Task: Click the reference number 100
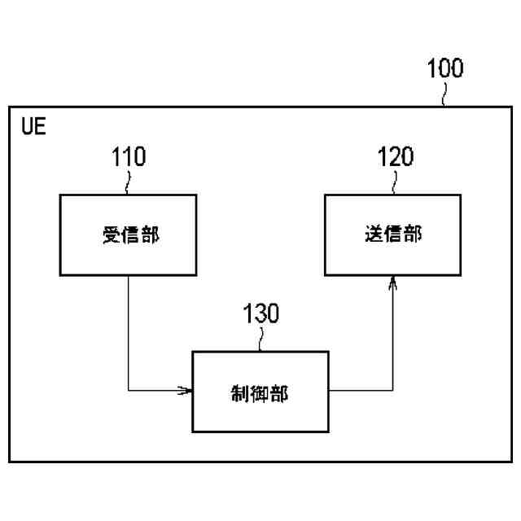445,68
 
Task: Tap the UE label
35,128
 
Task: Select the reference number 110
129,157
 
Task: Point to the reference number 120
395,157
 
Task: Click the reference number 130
260,314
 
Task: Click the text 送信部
393,235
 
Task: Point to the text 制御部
260,394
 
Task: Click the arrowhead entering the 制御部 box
186,392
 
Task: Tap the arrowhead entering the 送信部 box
393,282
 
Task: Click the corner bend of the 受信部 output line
129,392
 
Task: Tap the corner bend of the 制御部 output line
393,392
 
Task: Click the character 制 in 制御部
241,394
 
